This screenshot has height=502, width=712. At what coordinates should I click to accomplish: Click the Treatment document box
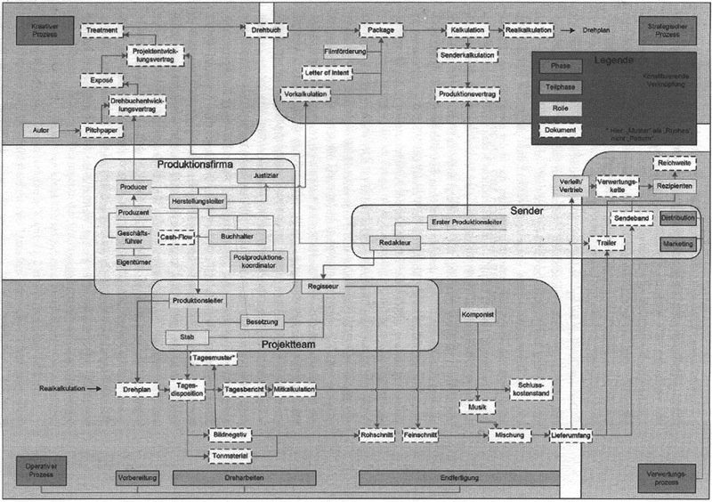(x=102, y=30)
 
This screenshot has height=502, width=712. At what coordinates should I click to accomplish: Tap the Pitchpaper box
(x=102, y=131)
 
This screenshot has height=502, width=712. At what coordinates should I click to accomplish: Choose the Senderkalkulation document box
(x=466, y=55)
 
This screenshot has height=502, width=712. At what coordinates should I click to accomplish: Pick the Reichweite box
(x=676, y=164)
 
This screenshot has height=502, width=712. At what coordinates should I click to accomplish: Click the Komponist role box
(x=478, y=316)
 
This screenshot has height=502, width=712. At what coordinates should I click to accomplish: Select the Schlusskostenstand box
(x=531, y=389)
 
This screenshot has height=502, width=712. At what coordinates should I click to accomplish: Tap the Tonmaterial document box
(x=231, y=456)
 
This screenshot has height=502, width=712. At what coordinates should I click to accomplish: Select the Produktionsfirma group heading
(x=195, y=165)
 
